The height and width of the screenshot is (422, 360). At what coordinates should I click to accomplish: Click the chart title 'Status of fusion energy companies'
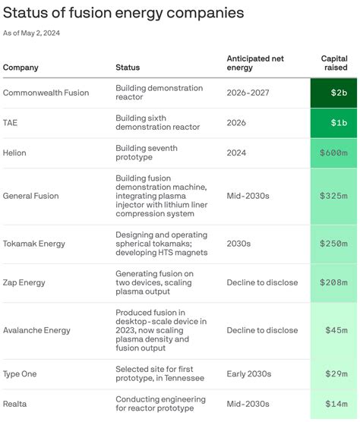pyautogui.click(x=124, y=13)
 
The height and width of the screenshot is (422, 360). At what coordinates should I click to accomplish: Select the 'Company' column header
pyautogui.click(x=21, y=68)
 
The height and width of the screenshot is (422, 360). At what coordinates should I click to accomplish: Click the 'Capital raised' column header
pyautogui.click(x=333, y=63)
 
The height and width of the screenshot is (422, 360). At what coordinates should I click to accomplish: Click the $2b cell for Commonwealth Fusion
pyautogui.click(x=333, y=93)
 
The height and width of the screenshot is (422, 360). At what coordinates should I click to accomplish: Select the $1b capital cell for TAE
pyautogui.click(x=333, y=123)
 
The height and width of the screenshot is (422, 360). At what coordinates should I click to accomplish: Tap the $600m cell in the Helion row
pyautogui.click(x=333, y=153)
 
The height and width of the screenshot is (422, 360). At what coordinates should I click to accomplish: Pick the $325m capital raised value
pyautogui.click(x=333, y=196)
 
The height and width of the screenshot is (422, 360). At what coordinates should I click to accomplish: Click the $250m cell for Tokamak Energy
pyautogui.click(x=333, y=244)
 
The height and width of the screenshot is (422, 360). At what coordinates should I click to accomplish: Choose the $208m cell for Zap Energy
pyautogui.click(x=333, y=283)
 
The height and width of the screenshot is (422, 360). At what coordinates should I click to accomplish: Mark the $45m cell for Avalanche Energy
pyautogui.click(x=333, y=330)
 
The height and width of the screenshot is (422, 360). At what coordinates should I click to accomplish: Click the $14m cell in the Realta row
pyautogui.click(x=333, y=405)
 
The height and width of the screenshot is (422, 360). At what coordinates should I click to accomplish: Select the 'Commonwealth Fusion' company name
pyautogui.click(x=46, y=93)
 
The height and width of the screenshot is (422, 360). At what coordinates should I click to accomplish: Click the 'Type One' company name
pyautogui.click(x=20, y=374)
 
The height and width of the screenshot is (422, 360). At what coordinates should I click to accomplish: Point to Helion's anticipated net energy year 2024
pyautogui.click(x=238, y=153)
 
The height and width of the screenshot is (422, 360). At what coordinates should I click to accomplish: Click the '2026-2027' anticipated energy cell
pyautogui.click(x=248, y=93)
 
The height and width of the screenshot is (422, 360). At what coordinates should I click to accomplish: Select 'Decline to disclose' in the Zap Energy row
pyautogui.click(x=262, y=283)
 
